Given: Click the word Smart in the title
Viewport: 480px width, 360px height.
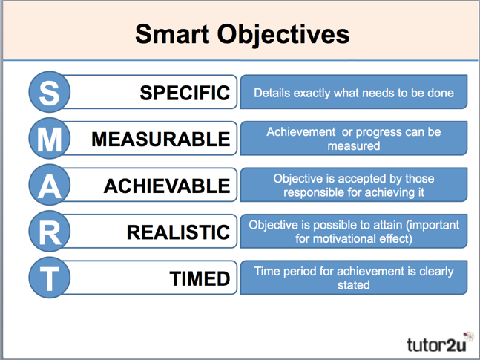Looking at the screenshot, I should (x=172, y=34).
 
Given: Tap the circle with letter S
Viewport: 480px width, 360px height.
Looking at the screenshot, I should (x=49, y=93).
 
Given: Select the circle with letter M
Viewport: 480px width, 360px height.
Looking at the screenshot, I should (x=49, y=140).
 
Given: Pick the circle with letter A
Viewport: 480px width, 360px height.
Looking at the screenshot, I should (x=49, y=186).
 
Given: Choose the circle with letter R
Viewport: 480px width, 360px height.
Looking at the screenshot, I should (x=49, y=232).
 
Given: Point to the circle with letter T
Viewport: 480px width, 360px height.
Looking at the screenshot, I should (x=49, y=278).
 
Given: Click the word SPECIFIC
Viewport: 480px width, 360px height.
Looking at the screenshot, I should (x=185, y=94).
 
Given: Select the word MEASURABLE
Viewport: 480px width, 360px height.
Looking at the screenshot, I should (x=160, y=140).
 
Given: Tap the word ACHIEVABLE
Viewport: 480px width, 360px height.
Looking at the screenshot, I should (x=166, y=186).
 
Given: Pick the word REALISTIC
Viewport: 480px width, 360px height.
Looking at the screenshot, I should (x=178, y=232).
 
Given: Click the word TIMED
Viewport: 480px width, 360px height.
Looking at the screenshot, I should (x=200, y=278).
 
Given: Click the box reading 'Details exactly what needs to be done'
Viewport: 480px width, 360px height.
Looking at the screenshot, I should (x=354, y=94).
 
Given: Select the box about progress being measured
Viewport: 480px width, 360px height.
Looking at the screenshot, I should (x=354, y=139).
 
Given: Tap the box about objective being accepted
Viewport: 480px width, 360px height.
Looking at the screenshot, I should (x=354, y=185).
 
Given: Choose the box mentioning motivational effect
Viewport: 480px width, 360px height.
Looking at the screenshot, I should (x=354, y=231).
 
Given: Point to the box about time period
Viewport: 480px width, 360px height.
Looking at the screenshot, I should (x=354, y=278).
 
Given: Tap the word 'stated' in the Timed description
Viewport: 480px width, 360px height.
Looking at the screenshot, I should (x=354, y=285).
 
